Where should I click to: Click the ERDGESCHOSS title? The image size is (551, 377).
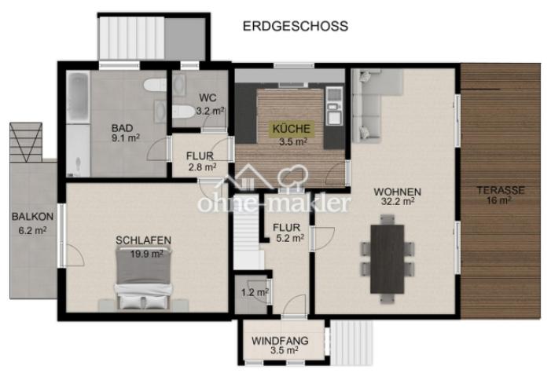[295, 27]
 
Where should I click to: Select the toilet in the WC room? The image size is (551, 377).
[183, 112]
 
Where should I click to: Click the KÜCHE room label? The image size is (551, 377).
[292, 129]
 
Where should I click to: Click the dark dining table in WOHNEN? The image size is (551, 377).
[387, 258]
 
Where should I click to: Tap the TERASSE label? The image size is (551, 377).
[500, 190]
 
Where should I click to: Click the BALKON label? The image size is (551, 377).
[32, 217]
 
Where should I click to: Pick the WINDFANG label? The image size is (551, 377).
[281, 342]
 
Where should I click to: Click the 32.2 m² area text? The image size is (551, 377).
[397, 201]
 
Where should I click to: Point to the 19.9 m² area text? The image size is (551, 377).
[143, 253]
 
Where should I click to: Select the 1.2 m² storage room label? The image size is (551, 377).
[254, 292]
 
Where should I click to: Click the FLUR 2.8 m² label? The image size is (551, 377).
[200, 161]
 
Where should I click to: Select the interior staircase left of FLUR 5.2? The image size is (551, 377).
[247, 232]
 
